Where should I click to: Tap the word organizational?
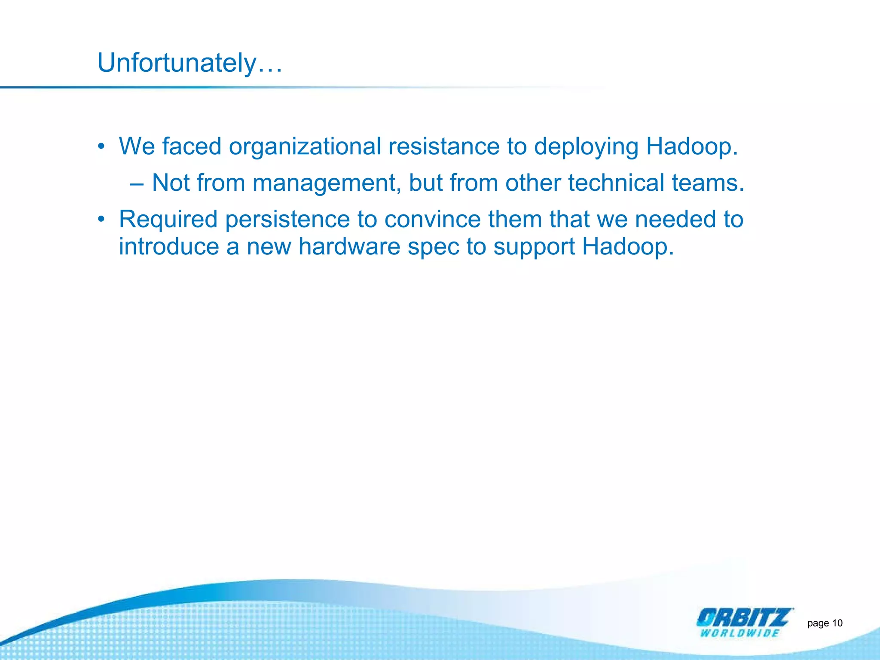click(x=305, y=147)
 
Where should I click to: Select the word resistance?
click(x=444, y=147)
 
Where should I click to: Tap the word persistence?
click(x=287, y=220)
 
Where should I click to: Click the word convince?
click(x=432, y=220)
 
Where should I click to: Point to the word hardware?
click(x=349, y=247)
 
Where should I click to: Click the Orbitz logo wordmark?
click(x=744, y=617)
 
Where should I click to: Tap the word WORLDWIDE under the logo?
click(x=739, y=633)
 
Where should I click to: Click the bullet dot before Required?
click(x=101, y=220)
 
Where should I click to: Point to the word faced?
click(x=192, y=147)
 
